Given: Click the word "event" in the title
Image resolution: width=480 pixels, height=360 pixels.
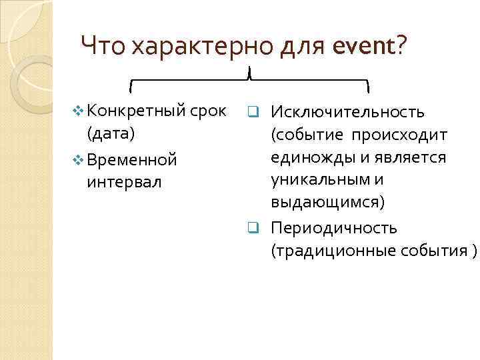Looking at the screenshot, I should (x=361, y=47).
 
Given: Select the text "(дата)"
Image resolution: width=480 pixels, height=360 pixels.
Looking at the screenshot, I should (x=111, y=133).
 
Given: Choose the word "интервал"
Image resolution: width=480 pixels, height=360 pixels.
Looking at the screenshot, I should (x=124, y=182).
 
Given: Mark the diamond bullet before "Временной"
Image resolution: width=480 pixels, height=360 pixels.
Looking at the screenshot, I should (x=78, y=160).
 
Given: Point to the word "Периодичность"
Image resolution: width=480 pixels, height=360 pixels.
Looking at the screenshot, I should (x=334, y=228).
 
